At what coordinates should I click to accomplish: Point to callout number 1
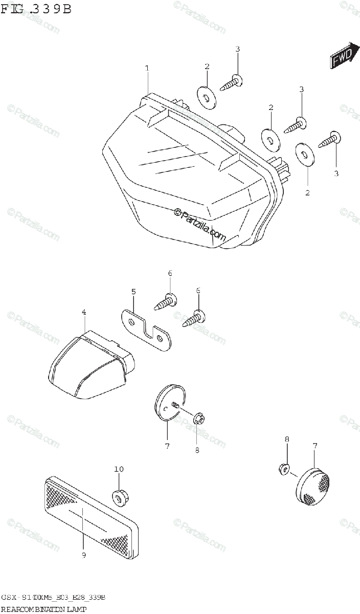(147, 68)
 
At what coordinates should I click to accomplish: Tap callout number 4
(83, 312)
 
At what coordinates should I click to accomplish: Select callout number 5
(133, 292)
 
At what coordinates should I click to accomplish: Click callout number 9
(83, 555)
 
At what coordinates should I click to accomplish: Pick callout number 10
(119, 469)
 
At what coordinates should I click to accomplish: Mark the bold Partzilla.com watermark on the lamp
(200, 224)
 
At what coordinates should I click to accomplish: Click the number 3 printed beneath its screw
(336, 173)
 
